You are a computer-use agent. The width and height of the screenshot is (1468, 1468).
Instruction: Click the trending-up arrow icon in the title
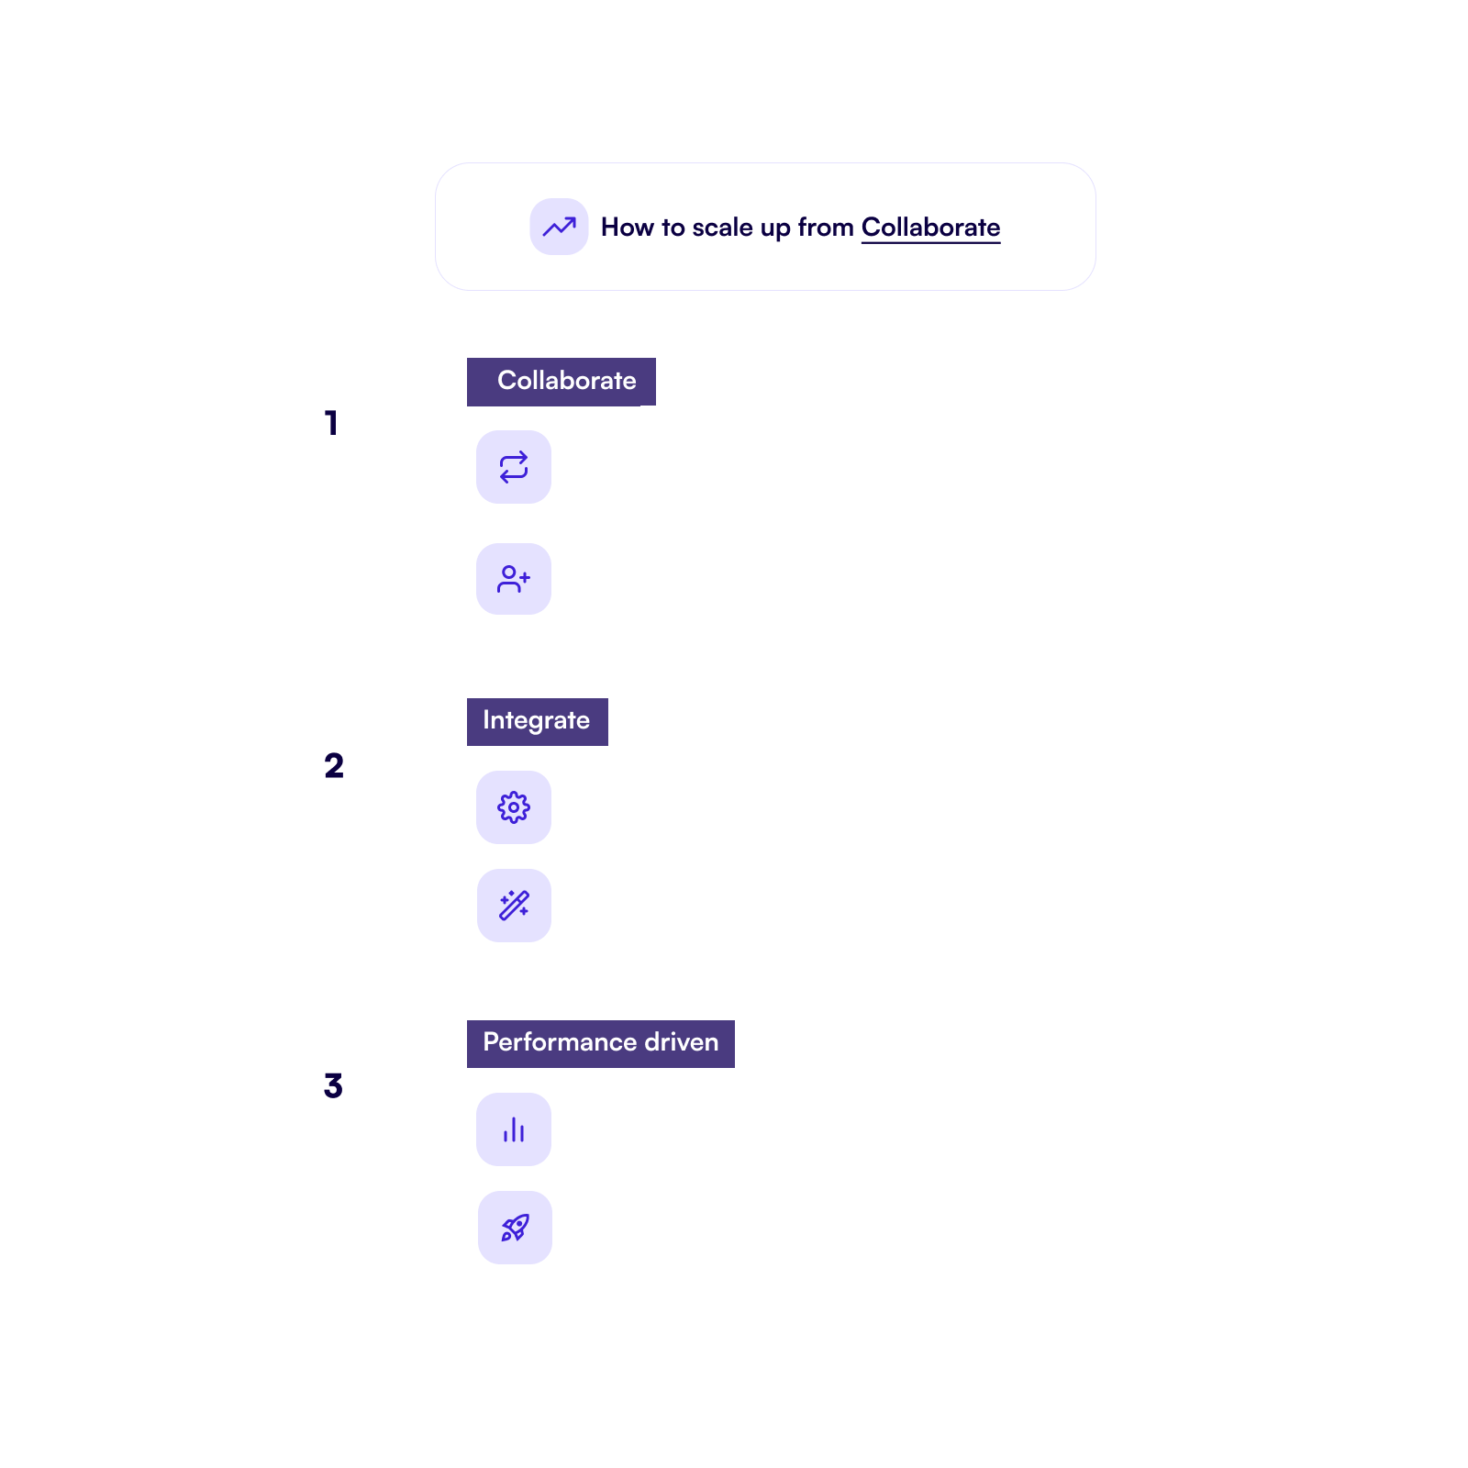(x=559, y=227)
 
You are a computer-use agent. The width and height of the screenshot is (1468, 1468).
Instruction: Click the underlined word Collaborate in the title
(x=930, y=228)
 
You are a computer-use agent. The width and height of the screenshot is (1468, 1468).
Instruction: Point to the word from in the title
(x=826, y=228)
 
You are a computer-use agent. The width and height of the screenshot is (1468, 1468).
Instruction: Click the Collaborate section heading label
(x=562, y=382)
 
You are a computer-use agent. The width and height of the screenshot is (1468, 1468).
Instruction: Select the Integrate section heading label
(x=538, y=722)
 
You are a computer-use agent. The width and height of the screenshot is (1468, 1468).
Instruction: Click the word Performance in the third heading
(x=560, y=1042)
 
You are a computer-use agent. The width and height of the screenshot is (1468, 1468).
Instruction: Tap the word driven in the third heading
(x=682, y=1042)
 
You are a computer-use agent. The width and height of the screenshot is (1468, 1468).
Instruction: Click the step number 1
(x=332, y=423)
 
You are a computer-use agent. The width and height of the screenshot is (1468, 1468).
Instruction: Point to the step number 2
(x=334, y=765)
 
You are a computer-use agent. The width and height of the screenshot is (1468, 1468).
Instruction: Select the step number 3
(x=333, y=1085)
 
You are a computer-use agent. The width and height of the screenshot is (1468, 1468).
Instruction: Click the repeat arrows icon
(x=514, y=467)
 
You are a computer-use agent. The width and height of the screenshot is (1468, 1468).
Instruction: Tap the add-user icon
(x=514, y=579)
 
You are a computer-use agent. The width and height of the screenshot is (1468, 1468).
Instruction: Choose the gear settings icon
(x=514, y=807)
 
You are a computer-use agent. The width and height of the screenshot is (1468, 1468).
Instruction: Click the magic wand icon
(x=514, y=906)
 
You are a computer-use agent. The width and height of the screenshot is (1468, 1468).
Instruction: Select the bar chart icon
(x=514, y=1129)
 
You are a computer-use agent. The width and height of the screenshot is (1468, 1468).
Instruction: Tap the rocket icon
(x=515, y=1228)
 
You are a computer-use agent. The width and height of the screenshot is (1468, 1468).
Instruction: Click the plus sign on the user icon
(x=525, y=577)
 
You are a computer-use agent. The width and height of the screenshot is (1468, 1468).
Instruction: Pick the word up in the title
(x=775, y=229)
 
